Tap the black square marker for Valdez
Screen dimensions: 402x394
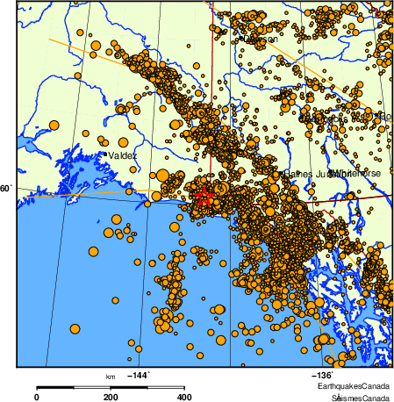tap(105, 154)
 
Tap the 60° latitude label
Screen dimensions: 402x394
tap(7, 189)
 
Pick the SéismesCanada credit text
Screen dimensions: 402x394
tap(361, 397)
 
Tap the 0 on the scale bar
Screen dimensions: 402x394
tap(36, 397)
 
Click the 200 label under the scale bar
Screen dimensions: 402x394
tap(111, 397)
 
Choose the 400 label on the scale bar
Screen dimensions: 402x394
tap(185, 397)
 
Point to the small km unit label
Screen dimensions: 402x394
tap(111, 376)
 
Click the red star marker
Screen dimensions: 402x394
tap(203, 197)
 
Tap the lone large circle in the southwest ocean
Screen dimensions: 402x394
tap(74, 329)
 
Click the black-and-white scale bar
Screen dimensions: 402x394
tap(111, 386)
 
